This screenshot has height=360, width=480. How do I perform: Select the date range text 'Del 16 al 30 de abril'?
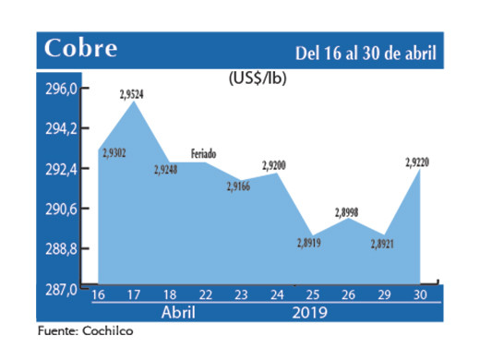click(x=366, y=50)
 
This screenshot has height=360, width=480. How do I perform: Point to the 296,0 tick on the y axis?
click(x=57, y=90)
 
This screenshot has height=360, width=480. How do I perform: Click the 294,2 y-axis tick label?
click(x=57, y=129)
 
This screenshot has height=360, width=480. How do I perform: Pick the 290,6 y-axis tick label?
click(x=57, y=210)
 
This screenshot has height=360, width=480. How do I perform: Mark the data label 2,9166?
click(x=239, y=186)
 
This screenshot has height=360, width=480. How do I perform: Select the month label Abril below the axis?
click(x=178, y=312)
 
